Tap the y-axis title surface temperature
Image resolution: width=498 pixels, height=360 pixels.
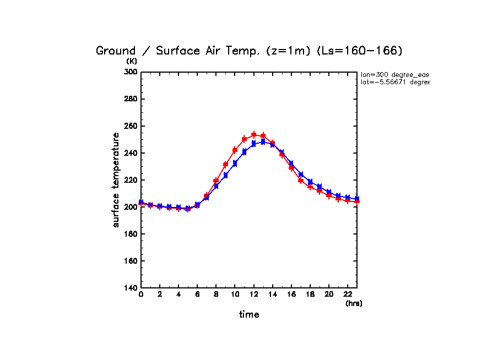coord(116,180)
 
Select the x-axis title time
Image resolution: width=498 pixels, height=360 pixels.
coord(249,314)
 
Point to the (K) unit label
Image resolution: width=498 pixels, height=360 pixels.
coord(132,61)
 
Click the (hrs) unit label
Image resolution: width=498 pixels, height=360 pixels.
coord(354,303)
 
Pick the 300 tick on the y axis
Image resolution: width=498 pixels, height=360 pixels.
coord(131,72)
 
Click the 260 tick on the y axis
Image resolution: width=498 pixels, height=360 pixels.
coord(131,126)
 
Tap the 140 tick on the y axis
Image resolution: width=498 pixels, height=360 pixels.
coord(131,288)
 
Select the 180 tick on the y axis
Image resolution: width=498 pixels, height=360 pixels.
coord(131,234)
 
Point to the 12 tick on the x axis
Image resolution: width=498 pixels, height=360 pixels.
coord(253,294)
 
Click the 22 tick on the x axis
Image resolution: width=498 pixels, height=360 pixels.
coord(347,294)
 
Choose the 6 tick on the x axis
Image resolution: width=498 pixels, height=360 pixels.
coord(197,294)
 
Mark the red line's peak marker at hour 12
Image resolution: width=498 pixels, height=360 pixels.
coord(253,134)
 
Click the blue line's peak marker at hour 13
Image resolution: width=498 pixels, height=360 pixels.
coord(263,141)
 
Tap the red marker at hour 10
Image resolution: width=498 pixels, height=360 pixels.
coord(235,150)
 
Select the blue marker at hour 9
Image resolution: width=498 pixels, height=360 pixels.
coord(225,175)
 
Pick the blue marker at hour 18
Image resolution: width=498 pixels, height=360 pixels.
coord(310,182)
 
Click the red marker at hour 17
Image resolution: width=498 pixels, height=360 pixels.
coord(300,180)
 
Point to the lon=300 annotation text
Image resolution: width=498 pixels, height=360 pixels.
coord(394,74)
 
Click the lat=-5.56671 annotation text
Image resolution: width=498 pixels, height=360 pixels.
coord(394,82)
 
